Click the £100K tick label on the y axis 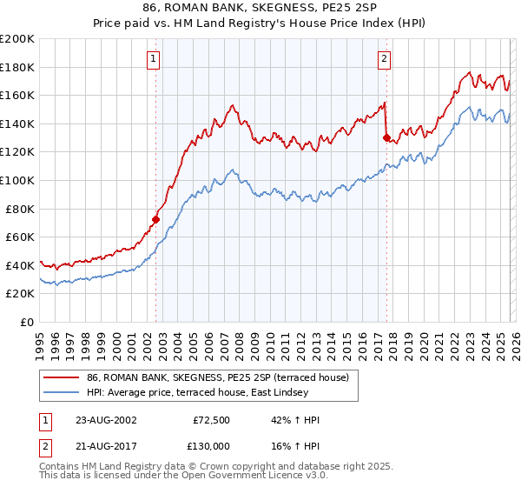pyautogui.click(x=17, y=180)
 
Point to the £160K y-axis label pyautogui.click(x=17, y=95)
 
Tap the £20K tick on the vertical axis pyautogui.click(x=20, y=294)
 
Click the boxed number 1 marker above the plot pyautogui.click(x=153, y=59)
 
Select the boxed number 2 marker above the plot pyautogui.click(x=383, y=59)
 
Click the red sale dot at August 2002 pyautogui.click(x=156, y=219)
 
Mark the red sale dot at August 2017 pyautogui.click(x=386, y=137)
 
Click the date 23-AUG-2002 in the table pyautogui.click(x=106, y=420)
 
